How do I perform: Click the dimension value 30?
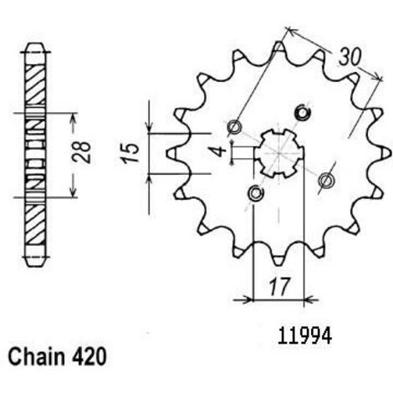point(350,58)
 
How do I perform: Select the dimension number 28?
point(81,152)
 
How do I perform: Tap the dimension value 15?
point(130,152)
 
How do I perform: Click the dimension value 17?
point(278,286)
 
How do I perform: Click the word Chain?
point(35,356)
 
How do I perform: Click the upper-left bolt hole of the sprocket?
point(235,127)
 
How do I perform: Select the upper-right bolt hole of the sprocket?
point(303,113)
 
